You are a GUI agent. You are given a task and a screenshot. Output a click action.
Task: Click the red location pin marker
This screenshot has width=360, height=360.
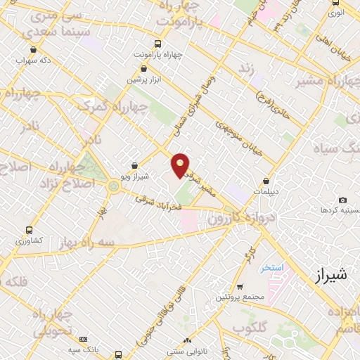pyautogui.click(x=181, y=165)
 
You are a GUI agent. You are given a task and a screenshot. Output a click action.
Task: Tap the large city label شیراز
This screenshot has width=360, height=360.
pyautogui.click(x=328, y=274)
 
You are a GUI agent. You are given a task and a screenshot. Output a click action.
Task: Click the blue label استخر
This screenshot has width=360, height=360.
pyautogui.click(x=271, y=267)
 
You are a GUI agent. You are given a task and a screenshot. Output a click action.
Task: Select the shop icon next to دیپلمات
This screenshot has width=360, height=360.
pyautogui.click(x=266, y=181)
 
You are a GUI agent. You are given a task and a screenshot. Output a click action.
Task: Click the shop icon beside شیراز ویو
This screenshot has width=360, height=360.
pyautogui.click(x=135, y=166)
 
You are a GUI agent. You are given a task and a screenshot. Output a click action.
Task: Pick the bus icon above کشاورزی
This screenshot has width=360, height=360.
pyautogui.click(x=28, y=230)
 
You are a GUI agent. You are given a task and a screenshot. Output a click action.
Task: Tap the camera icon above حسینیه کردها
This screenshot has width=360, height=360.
pyautogui.click(x=342, y=200)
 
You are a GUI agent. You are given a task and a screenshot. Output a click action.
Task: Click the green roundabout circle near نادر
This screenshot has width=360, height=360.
pyautogui.click(x=113, y=186)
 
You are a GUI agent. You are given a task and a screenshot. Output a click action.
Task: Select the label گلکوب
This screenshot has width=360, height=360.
pyautogui.click(x=247, y=328)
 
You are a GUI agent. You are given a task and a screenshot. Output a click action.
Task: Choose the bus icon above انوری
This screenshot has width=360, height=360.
pyautogui.click(x=336, y=3)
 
